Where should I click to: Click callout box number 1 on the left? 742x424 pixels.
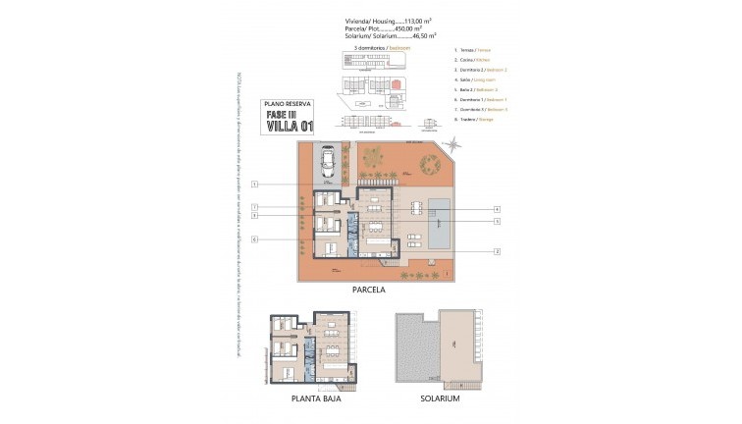pyautogui.click(x=253, y=185)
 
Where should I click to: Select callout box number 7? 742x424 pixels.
pyautogui.click(x=253, y=207)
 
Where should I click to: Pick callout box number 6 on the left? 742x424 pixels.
pyautogui.click(x=253, y=239)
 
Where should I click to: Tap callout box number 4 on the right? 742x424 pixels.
pyautogui.click(x=497, y=209)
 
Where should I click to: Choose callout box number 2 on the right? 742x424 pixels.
pyautogui.click(x=497, y=252)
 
